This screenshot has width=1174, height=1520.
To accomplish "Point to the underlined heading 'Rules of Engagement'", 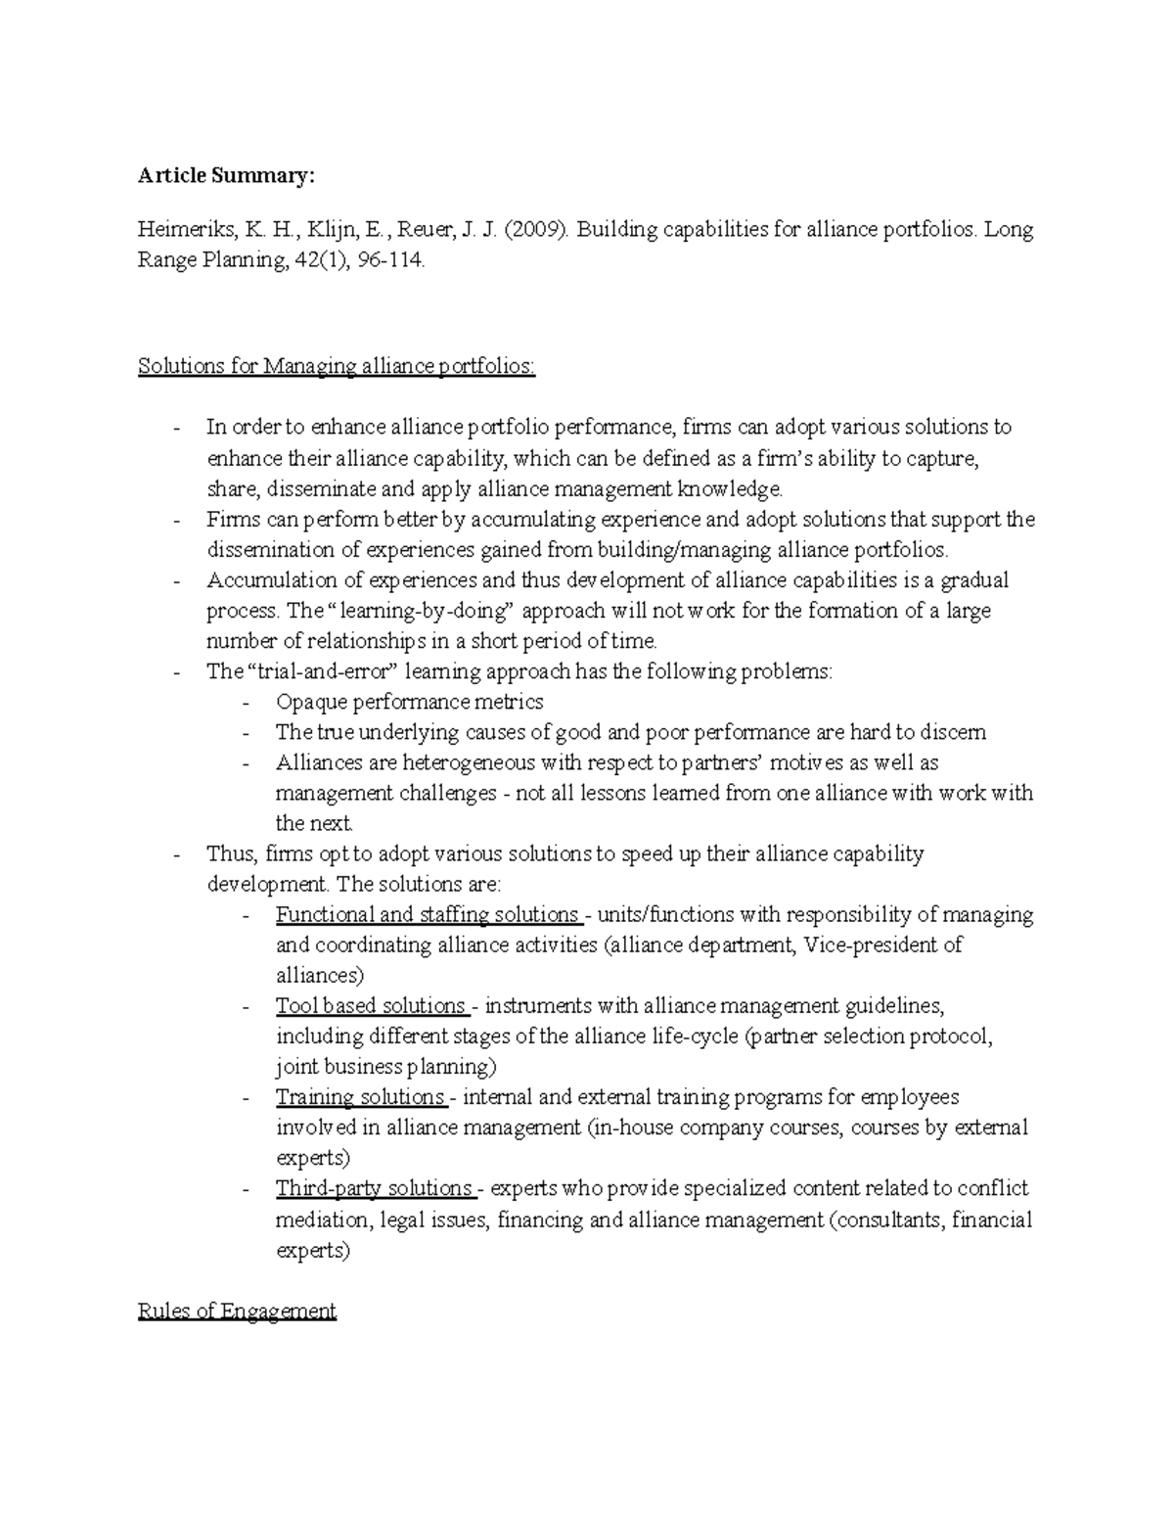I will click(237, 1311).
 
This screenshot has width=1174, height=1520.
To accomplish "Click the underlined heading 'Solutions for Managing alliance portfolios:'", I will click(337, 366).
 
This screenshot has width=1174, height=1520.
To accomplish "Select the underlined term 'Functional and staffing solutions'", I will click(428, 914).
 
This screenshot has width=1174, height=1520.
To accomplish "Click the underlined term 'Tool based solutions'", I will click(370, 1005).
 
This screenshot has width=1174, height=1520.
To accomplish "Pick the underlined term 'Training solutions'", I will click(359, 1096).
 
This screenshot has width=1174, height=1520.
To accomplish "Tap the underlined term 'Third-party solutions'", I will click(374, 1188).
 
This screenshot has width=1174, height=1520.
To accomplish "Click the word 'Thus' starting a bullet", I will click(230, 853).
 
